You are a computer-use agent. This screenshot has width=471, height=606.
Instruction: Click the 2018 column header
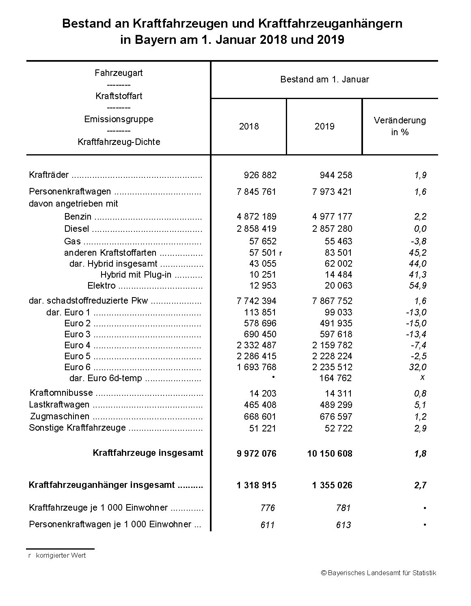[248, 126]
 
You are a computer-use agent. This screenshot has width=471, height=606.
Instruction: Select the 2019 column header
[324, 126]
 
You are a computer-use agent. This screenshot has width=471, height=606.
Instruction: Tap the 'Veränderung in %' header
[400, 126]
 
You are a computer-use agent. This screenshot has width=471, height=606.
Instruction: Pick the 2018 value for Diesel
[256, 229]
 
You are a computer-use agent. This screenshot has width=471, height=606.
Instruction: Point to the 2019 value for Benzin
[332, 216]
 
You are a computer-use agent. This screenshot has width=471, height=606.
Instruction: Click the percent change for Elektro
[418, 285]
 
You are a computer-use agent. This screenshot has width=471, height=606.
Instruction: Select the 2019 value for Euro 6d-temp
[335, 378]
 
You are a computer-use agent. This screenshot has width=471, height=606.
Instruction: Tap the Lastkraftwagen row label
[59, 405]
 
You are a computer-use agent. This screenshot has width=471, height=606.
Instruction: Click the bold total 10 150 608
[330, 453]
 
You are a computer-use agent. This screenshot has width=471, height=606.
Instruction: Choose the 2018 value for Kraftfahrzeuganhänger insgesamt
[256, 485]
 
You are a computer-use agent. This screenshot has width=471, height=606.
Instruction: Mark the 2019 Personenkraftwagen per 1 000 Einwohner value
[344, 525]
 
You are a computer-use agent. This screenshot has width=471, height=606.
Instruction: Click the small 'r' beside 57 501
[281, 253]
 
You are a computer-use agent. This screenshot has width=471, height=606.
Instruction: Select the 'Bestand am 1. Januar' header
[324, 80]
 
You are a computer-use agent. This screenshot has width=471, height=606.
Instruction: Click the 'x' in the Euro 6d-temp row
[422, 377]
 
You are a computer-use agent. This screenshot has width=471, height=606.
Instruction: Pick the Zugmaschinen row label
[60, 416]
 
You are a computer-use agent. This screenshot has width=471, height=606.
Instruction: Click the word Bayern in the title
[151, 40]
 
